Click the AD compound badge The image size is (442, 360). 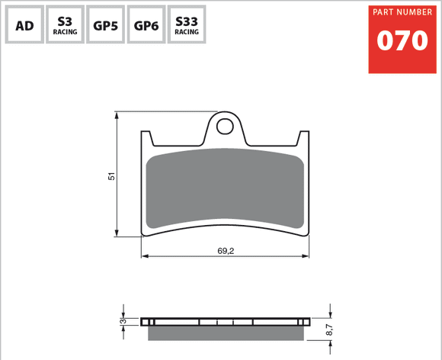tap(24, 26)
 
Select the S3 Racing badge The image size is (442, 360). tap(64, 26)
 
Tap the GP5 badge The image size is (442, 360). tap(104, 26)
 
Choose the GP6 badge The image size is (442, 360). tap(145, 26)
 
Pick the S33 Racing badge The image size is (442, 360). tap(186, 26)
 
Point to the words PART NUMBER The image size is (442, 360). tap(403, 13)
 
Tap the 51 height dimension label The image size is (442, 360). tap(110, 175)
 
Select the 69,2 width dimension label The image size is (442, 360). tap(226, 250)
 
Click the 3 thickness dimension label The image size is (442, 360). tap(122, 322)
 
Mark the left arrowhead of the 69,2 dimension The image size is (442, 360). tap(146, 256)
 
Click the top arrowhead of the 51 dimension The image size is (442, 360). tap(116, 115)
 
